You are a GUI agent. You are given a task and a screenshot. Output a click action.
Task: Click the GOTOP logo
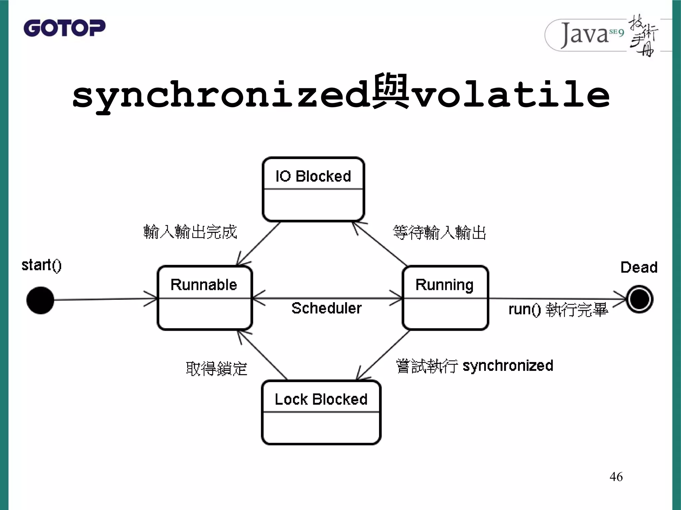65,28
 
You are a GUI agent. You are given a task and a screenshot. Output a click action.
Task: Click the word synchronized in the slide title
221,95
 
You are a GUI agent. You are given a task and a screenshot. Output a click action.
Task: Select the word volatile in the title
511,95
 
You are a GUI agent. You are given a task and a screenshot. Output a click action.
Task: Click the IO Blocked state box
313,189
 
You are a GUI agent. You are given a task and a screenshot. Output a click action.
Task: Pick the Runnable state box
204,298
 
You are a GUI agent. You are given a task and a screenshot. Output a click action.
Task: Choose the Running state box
445,298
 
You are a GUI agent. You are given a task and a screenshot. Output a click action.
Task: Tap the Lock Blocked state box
321,412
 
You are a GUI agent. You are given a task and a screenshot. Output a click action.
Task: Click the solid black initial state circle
40,300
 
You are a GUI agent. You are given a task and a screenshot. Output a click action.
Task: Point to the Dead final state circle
639,299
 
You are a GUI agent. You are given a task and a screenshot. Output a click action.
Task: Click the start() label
42,266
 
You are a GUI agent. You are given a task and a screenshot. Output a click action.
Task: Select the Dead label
639,267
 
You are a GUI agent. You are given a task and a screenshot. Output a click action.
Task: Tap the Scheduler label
327,308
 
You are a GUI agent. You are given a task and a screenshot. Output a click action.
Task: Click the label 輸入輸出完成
190,232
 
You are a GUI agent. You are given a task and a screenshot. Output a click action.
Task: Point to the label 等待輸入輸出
439,232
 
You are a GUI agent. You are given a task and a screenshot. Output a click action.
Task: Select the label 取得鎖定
216,369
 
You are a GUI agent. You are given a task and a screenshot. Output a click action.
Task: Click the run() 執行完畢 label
558,309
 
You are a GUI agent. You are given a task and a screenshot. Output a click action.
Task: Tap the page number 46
616,477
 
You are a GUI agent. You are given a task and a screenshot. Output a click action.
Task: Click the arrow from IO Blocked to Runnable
258,244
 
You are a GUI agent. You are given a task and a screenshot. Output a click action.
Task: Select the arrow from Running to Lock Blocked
383,355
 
